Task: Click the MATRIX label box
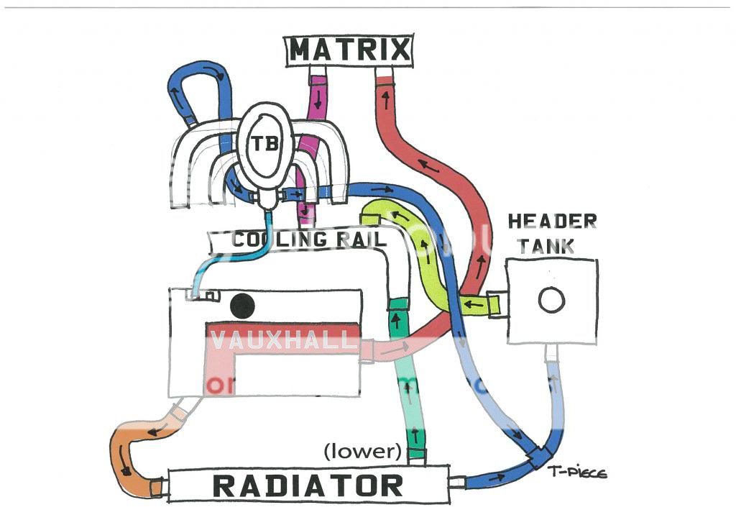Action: click(x=349, y=50)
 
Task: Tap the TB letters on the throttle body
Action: click(x=266, y=143)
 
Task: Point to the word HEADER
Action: click(x=552, y=222)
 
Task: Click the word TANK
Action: click(x=552, y=246)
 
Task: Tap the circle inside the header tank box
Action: click(x=551, y=300)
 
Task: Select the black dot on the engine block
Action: click(x=242, y=306)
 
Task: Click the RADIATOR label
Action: click(x=308, y=485)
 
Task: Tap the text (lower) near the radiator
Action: click(x=362, y=452)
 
